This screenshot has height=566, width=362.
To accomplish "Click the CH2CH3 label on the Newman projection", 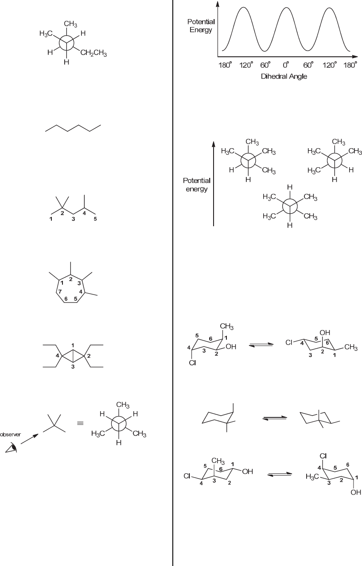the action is coord(93,54).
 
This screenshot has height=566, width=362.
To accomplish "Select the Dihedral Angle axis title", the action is coord(284,76).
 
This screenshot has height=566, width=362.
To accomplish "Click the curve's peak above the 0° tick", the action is coord(286,8).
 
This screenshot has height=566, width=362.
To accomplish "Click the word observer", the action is coord(9,435).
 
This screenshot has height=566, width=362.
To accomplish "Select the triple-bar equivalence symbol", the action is coord(80,423).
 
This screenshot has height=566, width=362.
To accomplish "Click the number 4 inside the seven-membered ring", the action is coord(81,291).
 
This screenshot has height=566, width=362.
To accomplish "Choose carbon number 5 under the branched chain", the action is coord(95,219).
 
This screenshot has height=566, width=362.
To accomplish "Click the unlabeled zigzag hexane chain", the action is coord(73,128).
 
